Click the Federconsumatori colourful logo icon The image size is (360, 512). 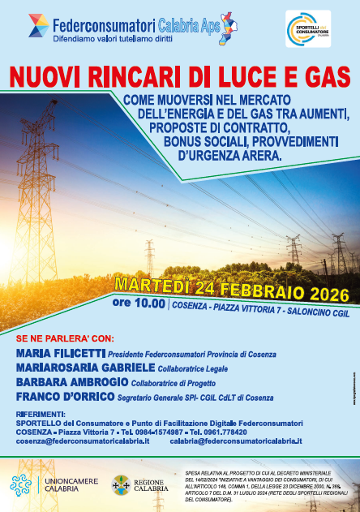[38, 25]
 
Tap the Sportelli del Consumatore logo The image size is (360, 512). [307, 28]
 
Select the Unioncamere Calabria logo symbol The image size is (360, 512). [22, 485]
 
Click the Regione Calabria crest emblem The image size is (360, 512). [121, 485]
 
